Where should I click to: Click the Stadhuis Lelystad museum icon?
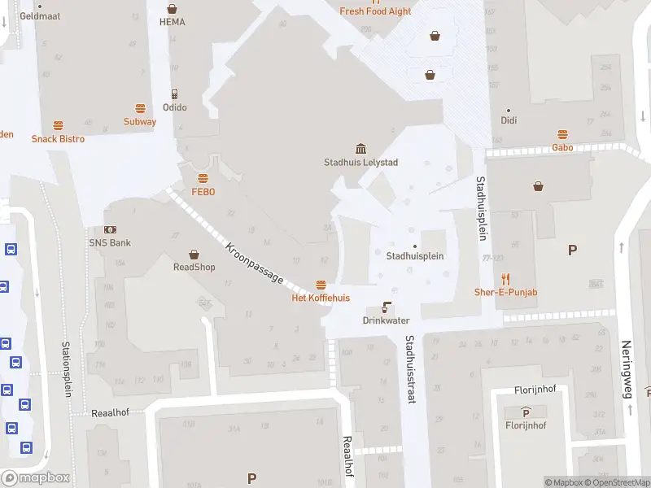pos(360,148)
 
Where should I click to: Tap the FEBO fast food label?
pos(203,192)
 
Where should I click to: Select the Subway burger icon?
pos(140,108)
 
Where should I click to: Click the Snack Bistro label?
pos(58,139)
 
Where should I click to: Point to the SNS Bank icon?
pos(110,230)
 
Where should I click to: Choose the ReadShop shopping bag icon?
pos(194,254)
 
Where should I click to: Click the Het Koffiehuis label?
pos(321,298)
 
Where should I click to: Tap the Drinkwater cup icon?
pos(386,308)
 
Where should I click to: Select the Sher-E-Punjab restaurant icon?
pos(505,279)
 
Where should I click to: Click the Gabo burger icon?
pos(562,134)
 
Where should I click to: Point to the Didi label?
pos(509,121)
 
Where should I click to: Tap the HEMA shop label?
pos(172,22)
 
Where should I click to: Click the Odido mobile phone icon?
pos(174,94)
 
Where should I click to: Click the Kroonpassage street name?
pos(255,263)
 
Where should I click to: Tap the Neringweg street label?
pos(627,369)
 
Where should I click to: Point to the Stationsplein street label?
pos(67,369)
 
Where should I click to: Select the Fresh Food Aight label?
pos(375,11)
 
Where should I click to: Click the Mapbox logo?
pos(36,478)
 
